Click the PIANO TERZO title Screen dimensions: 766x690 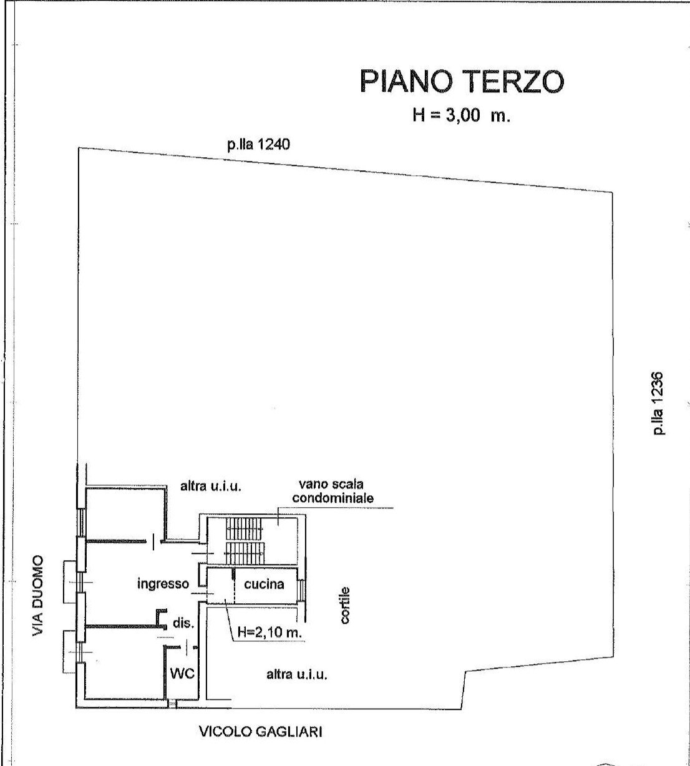[462, 82]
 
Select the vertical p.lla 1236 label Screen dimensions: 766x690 [657, 404]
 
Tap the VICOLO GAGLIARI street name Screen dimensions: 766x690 [260, 732]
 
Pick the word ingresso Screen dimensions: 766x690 [163, 584]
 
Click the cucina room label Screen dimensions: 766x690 [264, 584]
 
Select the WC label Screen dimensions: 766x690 [183, 674]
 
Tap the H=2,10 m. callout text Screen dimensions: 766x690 [270, 633]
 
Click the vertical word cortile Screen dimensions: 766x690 [346, 605]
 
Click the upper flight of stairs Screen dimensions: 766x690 [245, 528]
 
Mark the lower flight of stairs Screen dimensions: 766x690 [245, 551]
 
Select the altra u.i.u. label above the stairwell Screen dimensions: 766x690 [210, 486]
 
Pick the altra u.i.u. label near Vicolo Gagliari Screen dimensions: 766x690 [297, 674]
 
